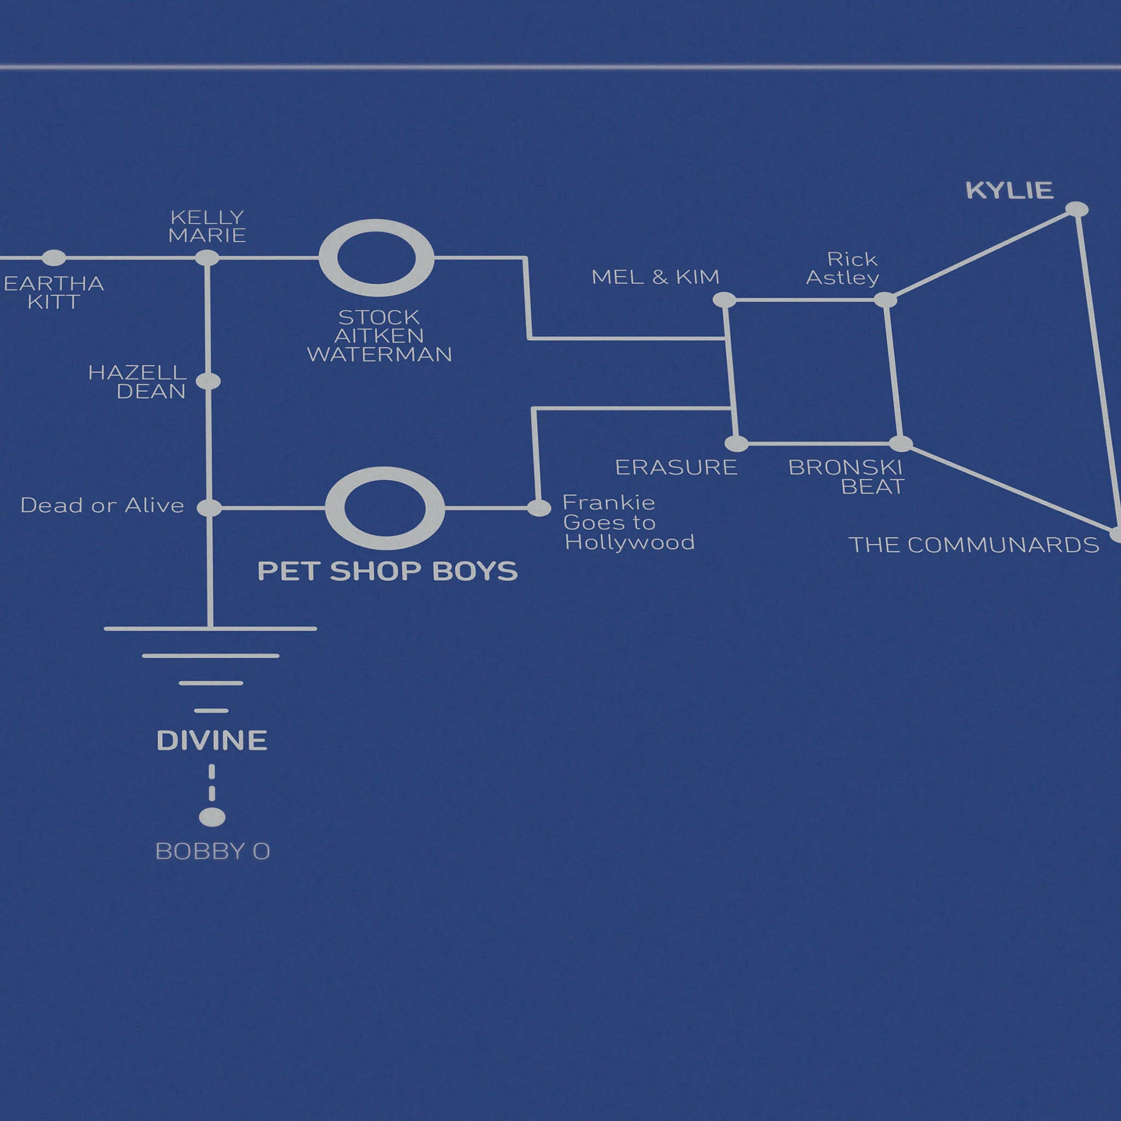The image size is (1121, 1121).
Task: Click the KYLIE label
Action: tap(1009, 190)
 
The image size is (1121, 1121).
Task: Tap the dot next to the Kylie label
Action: tap(1077, 209)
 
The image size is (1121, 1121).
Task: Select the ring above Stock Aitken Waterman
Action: tap(376, 258)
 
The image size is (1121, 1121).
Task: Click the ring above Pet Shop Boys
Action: tap(385, 508)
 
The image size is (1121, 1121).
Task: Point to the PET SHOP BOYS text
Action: tap(387, 571)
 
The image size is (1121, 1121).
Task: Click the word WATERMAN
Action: tap(379, 355)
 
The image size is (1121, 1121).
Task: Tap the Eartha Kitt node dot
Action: tap(54, 258)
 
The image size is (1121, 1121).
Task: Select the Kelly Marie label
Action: tap(207, 226)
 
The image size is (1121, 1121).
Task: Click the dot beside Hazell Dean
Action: tap(209, 381)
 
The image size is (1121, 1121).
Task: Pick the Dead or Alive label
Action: tap(102, 505)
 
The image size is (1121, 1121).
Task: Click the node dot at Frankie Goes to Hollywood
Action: tap(539, 509)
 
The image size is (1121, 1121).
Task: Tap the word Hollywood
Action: tap(629, 542)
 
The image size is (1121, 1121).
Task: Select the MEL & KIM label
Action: tap(655, 278)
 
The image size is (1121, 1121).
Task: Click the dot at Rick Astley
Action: tap(886, 300)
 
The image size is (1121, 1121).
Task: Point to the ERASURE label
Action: tap(676, 467)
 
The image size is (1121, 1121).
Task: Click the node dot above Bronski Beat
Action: tap(900, 444)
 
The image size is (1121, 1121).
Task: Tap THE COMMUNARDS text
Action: tap(974, 545)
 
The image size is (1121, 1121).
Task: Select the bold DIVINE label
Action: tap(212, 741)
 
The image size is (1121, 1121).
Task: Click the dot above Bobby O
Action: tap(212, 817)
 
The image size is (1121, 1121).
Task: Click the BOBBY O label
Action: tap(213, 851)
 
